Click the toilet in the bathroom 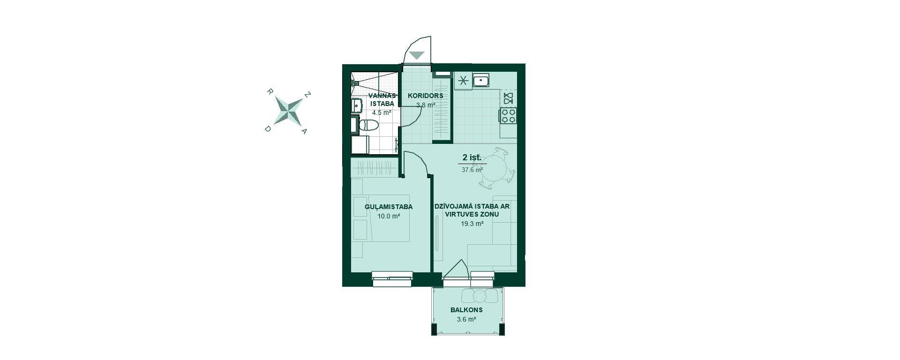(x=368, y=125)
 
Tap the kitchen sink (x=481, y=80)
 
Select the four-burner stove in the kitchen (x=509, y=115)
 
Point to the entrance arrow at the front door (x=417, y=55)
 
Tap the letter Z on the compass (x=307, y=95)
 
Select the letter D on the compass (x=268, y=129)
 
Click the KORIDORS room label (x=426, y=96)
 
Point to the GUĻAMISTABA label (x=389, y=207)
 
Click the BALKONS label (x=466, y=310)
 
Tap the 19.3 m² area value (x=472, y=224)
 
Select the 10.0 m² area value (x=389, y=216)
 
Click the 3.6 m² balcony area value (x=466, y=319)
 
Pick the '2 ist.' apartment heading (x=472, y=157)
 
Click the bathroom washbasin (x=357, y=105)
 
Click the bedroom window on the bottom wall (x=392, y=278)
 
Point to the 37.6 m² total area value (x=472, y=170)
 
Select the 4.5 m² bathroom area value (x=382, y=112)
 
